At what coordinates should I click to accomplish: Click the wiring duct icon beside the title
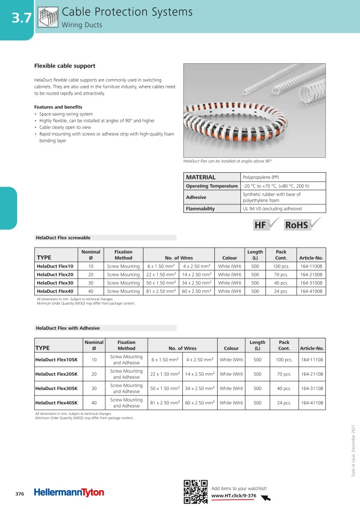48,18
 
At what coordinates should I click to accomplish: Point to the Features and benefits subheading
58,107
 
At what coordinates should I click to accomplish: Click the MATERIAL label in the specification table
200,177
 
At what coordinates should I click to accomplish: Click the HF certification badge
264,225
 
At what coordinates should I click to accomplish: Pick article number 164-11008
311,266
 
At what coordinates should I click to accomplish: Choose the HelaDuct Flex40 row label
55,291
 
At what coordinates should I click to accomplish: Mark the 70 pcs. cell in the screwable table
281,275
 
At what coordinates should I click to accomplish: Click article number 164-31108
311,389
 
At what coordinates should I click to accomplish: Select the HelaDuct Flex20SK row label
58,374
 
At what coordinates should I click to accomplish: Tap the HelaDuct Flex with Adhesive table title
68,328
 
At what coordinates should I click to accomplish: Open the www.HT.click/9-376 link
233,496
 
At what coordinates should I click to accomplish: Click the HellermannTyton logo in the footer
69,492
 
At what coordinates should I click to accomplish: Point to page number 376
19,493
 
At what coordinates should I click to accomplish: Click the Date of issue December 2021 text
353,450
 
